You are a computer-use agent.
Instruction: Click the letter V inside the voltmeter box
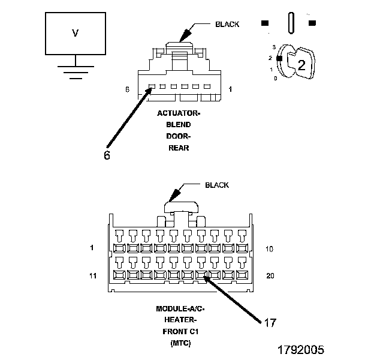tap(75, 33)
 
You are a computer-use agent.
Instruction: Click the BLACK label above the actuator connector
tap(227, 25)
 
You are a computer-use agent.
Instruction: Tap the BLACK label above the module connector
tap(217, 185)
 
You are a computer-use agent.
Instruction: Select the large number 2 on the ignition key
tap(301, 65)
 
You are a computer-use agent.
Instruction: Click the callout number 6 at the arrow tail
tap(107, 155)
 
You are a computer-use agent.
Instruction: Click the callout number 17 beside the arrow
tap(270, 323)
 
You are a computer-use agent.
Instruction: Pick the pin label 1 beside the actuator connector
tap(230, 89)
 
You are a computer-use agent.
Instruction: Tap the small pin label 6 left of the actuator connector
tap(128, 89)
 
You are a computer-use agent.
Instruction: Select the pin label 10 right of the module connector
tap(269, 249)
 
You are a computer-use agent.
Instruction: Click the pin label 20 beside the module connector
tap(270, 276)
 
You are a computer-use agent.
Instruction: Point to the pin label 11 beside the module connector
tap(93, 276)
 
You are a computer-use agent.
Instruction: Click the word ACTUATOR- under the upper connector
tap(179, 113)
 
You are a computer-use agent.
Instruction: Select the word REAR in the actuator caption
tap(179, 148)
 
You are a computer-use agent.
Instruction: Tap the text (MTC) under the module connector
tap(180, 343)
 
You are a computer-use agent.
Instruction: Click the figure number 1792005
tap(301, 350)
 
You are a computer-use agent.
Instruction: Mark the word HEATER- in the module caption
tap(180, 320)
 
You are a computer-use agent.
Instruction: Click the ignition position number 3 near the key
tap(274, 47)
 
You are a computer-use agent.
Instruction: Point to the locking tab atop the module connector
tap(181, 207)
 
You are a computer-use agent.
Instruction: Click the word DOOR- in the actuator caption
tap(179, 136)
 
